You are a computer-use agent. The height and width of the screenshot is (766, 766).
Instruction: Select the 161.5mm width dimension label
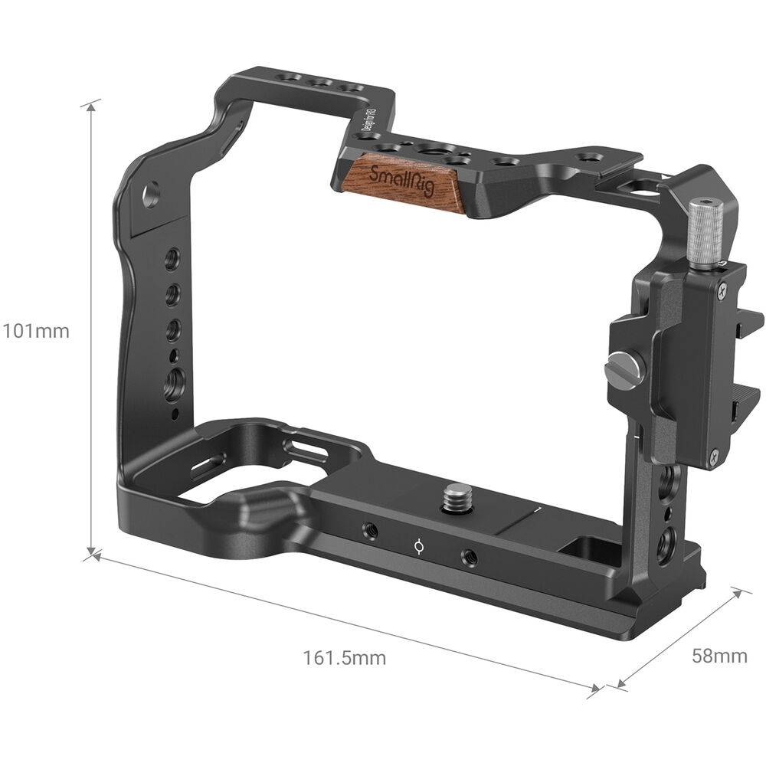click(344, 657)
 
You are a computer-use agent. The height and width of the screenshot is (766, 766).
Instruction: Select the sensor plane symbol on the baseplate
click(418, 546)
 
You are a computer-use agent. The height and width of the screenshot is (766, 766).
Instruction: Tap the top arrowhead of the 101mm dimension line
click(93, 106)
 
